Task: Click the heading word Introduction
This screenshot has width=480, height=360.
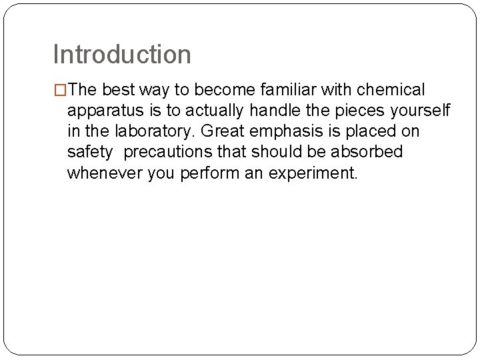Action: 122,54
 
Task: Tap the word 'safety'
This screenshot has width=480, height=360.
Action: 90,152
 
